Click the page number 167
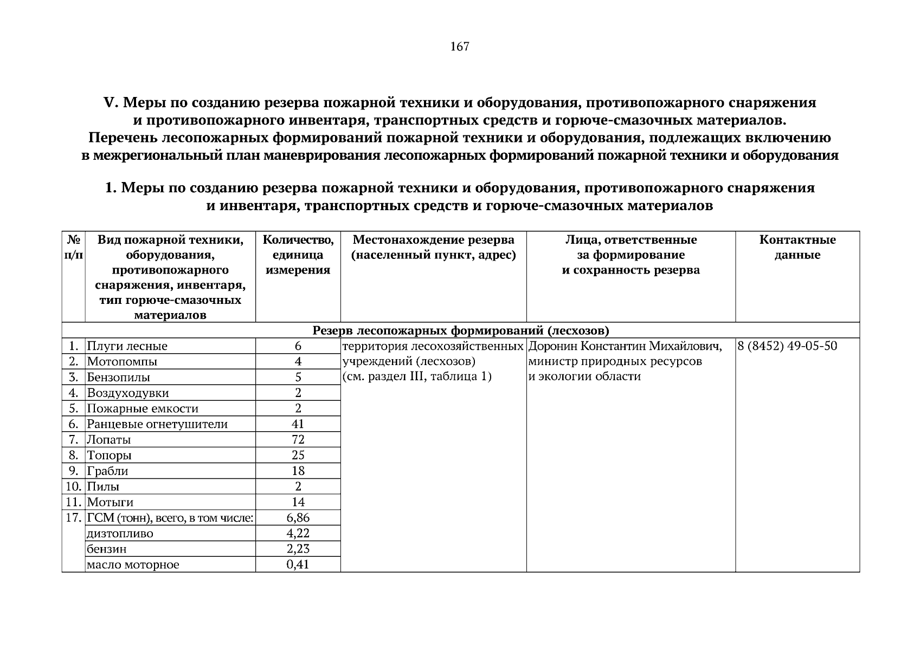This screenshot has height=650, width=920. coord(460,47)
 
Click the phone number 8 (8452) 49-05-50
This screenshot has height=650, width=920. coord(787,346)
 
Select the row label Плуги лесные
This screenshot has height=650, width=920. coord(127,346)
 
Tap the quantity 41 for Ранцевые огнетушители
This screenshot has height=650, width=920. coord(298,424)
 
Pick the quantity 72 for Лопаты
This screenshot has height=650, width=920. coord(298,440)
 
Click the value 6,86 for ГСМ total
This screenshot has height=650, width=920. coord(298,518)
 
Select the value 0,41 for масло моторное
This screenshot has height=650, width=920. coord(298,565)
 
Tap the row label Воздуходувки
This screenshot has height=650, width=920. coord(128,393)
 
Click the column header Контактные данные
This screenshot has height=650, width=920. coord(797,248)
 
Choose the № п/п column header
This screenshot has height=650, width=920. coord(73,248)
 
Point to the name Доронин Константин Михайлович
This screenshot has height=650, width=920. coord(625,346)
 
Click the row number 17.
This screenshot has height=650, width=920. coord(73,518)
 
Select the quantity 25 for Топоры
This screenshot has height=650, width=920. coord(298,456)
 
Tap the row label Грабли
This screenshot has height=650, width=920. coord(108,471)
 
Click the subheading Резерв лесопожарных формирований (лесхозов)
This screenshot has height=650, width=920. coord(461,330)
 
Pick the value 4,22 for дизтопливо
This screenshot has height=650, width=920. coord(298,534)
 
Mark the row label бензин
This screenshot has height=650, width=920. coord(107,549)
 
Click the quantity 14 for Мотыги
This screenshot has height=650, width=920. coord(298,502)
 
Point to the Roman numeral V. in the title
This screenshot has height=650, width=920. coord(111,102)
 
